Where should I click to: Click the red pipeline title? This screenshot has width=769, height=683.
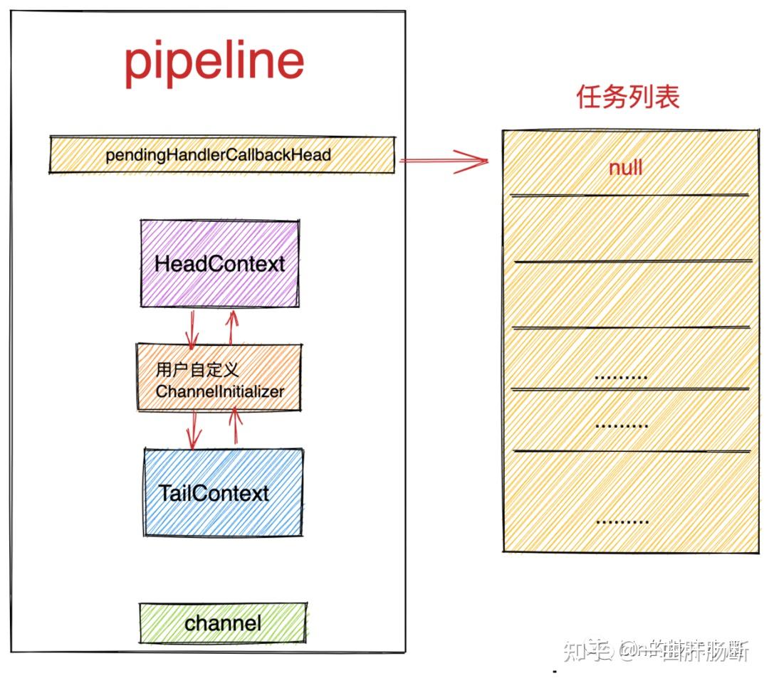[x=214, y=63]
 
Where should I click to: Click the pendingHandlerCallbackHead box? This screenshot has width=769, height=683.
[x=221, y=154]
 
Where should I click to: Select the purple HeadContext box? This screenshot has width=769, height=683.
[x=219, y=264]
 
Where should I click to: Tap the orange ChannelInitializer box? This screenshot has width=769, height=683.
[x=219, y=380]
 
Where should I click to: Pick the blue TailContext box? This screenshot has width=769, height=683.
[x=223, y=492]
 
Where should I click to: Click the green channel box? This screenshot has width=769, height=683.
[x=223, y=623]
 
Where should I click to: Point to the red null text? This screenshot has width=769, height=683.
[x=625, y=168]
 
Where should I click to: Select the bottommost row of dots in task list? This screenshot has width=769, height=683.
[x=621, y=521]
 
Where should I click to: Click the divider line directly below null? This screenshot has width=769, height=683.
[x=629, y=194]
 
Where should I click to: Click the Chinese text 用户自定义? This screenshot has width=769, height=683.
[x=197, y=370]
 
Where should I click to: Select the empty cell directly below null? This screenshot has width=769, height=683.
[x=629, y=228]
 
